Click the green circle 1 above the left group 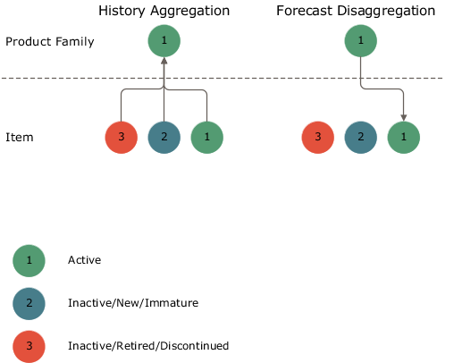(164, 40)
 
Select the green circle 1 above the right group (361, 40)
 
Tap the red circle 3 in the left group (122, 138)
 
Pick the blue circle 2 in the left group (164, 138)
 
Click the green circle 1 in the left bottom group (207, 138)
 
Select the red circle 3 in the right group (318, 138)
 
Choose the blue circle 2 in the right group (361, 138)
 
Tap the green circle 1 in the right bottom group (404, 138)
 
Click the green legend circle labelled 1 (29, 261)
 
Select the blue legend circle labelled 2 (29, 304)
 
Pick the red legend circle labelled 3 (29, 346)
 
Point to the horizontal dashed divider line (268, 78)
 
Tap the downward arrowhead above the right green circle (404, 117)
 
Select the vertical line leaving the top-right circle (361, 70)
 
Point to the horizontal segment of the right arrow (383, 89)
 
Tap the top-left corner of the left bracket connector (123, 90)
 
